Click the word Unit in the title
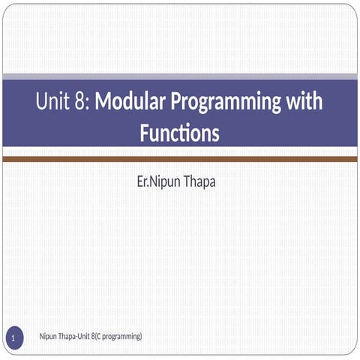[x=54, y=103]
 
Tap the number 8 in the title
[x=81, y=103]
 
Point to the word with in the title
[x=303, y=103]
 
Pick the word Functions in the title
[x=180, y=133]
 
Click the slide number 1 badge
[x=13, y=341]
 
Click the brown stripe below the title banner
[x=180, y=159]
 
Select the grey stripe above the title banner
[x=180, y=76]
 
